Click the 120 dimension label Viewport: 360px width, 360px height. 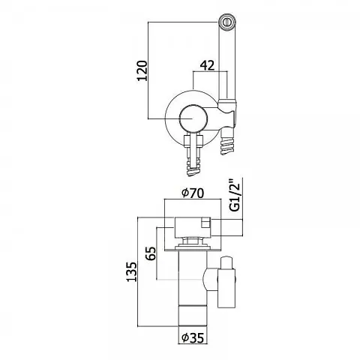142,70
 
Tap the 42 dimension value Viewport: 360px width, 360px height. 208,65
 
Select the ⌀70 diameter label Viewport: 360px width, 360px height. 193,193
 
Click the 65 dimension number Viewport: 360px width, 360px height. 151,253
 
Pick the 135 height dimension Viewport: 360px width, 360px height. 132,271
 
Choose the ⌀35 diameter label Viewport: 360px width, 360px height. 193,338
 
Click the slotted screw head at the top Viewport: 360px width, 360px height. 228,21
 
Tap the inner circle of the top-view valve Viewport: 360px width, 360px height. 192,118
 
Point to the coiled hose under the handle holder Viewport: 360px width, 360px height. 227,145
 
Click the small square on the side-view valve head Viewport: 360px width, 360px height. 206,223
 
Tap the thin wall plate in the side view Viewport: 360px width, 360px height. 193,250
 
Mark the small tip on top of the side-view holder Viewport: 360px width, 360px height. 226,262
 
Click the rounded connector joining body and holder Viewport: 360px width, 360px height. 211,279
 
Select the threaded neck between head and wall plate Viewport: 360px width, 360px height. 193,241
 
